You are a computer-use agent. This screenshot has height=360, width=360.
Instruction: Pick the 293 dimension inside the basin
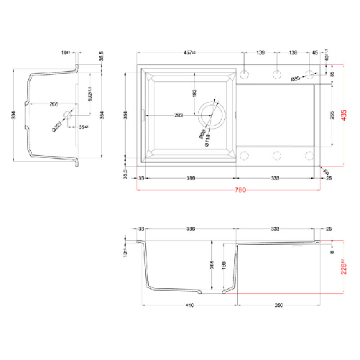tap(177, 116)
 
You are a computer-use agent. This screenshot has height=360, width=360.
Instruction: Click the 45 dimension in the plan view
tap(315, 53)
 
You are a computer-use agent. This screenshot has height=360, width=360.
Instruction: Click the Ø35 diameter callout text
tap(295, 79)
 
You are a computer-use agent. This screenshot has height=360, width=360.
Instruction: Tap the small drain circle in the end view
tap(68, 115)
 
